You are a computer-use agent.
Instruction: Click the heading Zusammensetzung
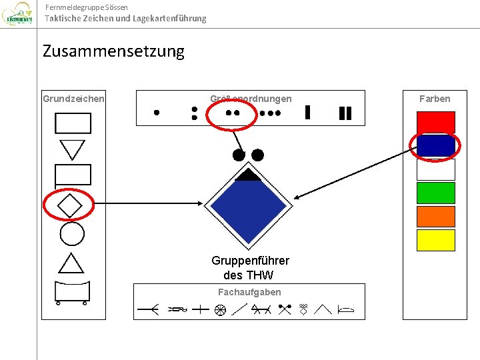[x=113, y=51]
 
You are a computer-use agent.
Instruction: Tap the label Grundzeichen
[x=73, y=99]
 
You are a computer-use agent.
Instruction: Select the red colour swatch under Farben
[x=435, y=122]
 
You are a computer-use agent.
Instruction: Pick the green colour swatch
[x=435, y=193]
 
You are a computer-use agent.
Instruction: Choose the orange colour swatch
[x=435, y=216]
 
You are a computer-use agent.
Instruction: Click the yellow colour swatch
[x=435, y=240]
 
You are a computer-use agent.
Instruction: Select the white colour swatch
[x=435, y=169]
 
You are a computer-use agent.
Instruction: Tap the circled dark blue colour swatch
[x=435, y=145]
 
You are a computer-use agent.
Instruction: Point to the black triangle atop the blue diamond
[x=248, y=175]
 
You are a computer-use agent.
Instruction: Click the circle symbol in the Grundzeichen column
[x=72, y=233]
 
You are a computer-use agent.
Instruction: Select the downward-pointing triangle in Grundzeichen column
[x=72, y=149]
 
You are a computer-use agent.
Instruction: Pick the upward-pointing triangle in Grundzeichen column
[x=71, y=264]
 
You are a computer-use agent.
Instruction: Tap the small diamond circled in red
[x=69, y=205]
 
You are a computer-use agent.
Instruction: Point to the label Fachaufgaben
[x=249, y=292]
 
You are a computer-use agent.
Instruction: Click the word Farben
[x=435, y=99]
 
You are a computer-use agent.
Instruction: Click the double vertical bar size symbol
[x=345, y=113]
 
